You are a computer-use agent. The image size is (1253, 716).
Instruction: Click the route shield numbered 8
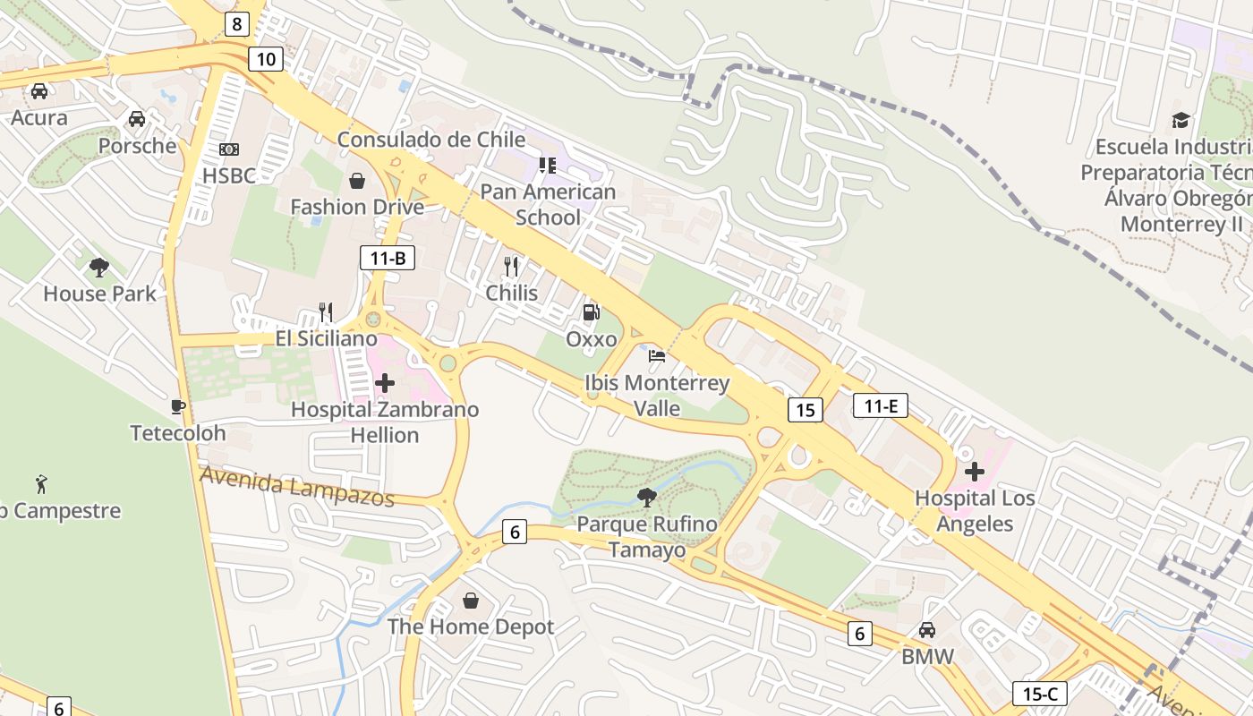tap(236, 23)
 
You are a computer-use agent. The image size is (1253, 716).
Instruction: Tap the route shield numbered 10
tap(266, 59)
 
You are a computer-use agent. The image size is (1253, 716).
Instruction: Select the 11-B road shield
tap(388, 259)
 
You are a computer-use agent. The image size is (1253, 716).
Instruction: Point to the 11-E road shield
tap(881, 405)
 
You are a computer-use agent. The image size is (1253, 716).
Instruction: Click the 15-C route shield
tap(1040, 693)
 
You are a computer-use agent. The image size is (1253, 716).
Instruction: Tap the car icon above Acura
tap(39, 90)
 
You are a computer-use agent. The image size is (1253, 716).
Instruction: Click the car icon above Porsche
tap(137, 118)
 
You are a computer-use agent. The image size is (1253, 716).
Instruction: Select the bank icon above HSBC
tap(229, 149)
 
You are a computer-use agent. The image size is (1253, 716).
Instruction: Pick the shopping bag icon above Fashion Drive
tap(357, 181)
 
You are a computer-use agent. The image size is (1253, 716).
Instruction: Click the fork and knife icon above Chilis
tap(511, 266)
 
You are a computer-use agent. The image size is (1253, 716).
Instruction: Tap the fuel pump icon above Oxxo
tap(591, 312)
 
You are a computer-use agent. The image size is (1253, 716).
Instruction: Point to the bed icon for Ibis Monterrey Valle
tap(657, 355)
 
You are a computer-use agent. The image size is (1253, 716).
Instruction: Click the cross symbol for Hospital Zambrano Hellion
tap(385, 383)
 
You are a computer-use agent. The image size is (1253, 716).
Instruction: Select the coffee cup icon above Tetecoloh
tap(178, 406)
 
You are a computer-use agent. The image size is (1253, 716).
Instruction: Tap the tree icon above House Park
tap(99, 267)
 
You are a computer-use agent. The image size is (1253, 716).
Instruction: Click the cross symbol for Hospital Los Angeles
tap(975, 471)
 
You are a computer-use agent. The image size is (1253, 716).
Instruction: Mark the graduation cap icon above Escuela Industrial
tap(1181, 120)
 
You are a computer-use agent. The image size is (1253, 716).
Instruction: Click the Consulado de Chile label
tap(430, 140)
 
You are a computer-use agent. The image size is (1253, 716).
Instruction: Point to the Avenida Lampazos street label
tap(297, 486)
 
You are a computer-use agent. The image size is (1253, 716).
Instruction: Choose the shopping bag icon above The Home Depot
tap(471, 600)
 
